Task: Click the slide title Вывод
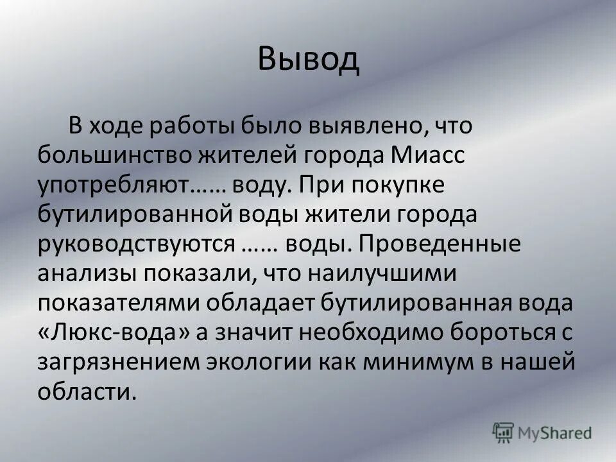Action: point(308,60)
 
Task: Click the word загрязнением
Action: point(118,363)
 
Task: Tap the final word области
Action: point(88,393)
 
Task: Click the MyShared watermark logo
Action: point(542,432)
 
